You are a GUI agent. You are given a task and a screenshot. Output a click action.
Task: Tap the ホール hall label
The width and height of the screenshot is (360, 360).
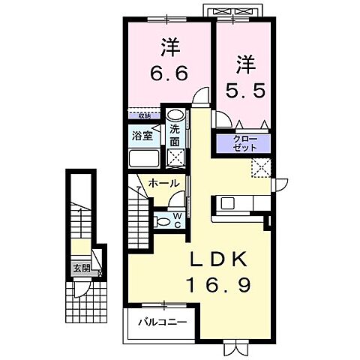click(162, 183)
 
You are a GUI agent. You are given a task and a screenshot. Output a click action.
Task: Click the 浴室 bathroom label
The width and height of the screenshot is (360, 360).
click(142, 136)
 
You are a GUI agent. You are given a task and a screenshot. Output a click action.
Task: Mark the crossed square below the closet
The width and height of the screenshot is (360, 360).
click(262, 168)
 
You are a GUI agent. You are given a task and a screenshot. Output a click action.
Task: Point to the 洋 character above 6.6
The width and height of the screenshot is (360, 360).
click(169, 46)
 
